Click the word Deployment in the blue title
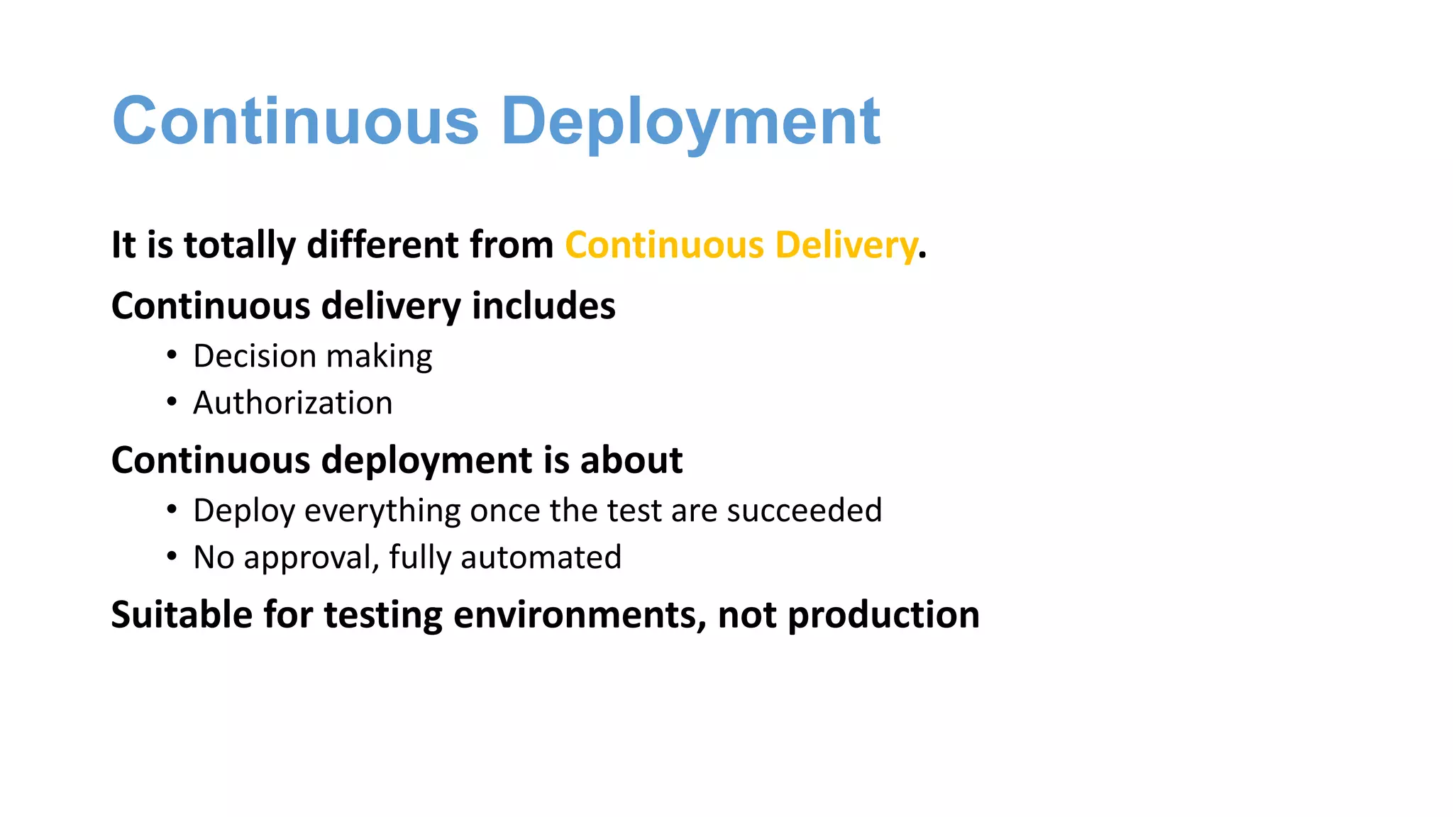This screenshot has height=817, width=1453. [690, 122]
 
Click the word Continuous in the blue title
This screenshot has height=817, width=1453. [296, 122]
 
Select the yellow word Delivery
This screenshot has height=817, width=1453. [846, 245]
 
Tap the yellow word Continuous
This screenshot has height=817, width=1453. [664, 245]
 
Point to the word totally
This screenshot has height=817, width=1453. [240, 245]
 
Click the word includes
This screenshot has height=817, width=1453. [543, 306]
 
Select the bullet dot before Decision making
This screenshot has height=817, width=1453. [172, 355]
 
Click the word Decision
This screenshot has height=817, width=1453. [255, 356]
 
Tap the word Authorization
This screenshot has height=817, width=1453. [292, 403]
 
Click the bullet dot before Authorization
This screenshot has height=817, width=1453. [172, 402]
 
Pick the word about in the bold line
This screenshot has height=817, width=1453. [631, 460]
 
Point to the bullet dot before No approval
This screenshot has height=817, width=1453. [172, 557]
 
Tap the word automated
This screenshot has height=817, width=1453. [541, 557]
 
